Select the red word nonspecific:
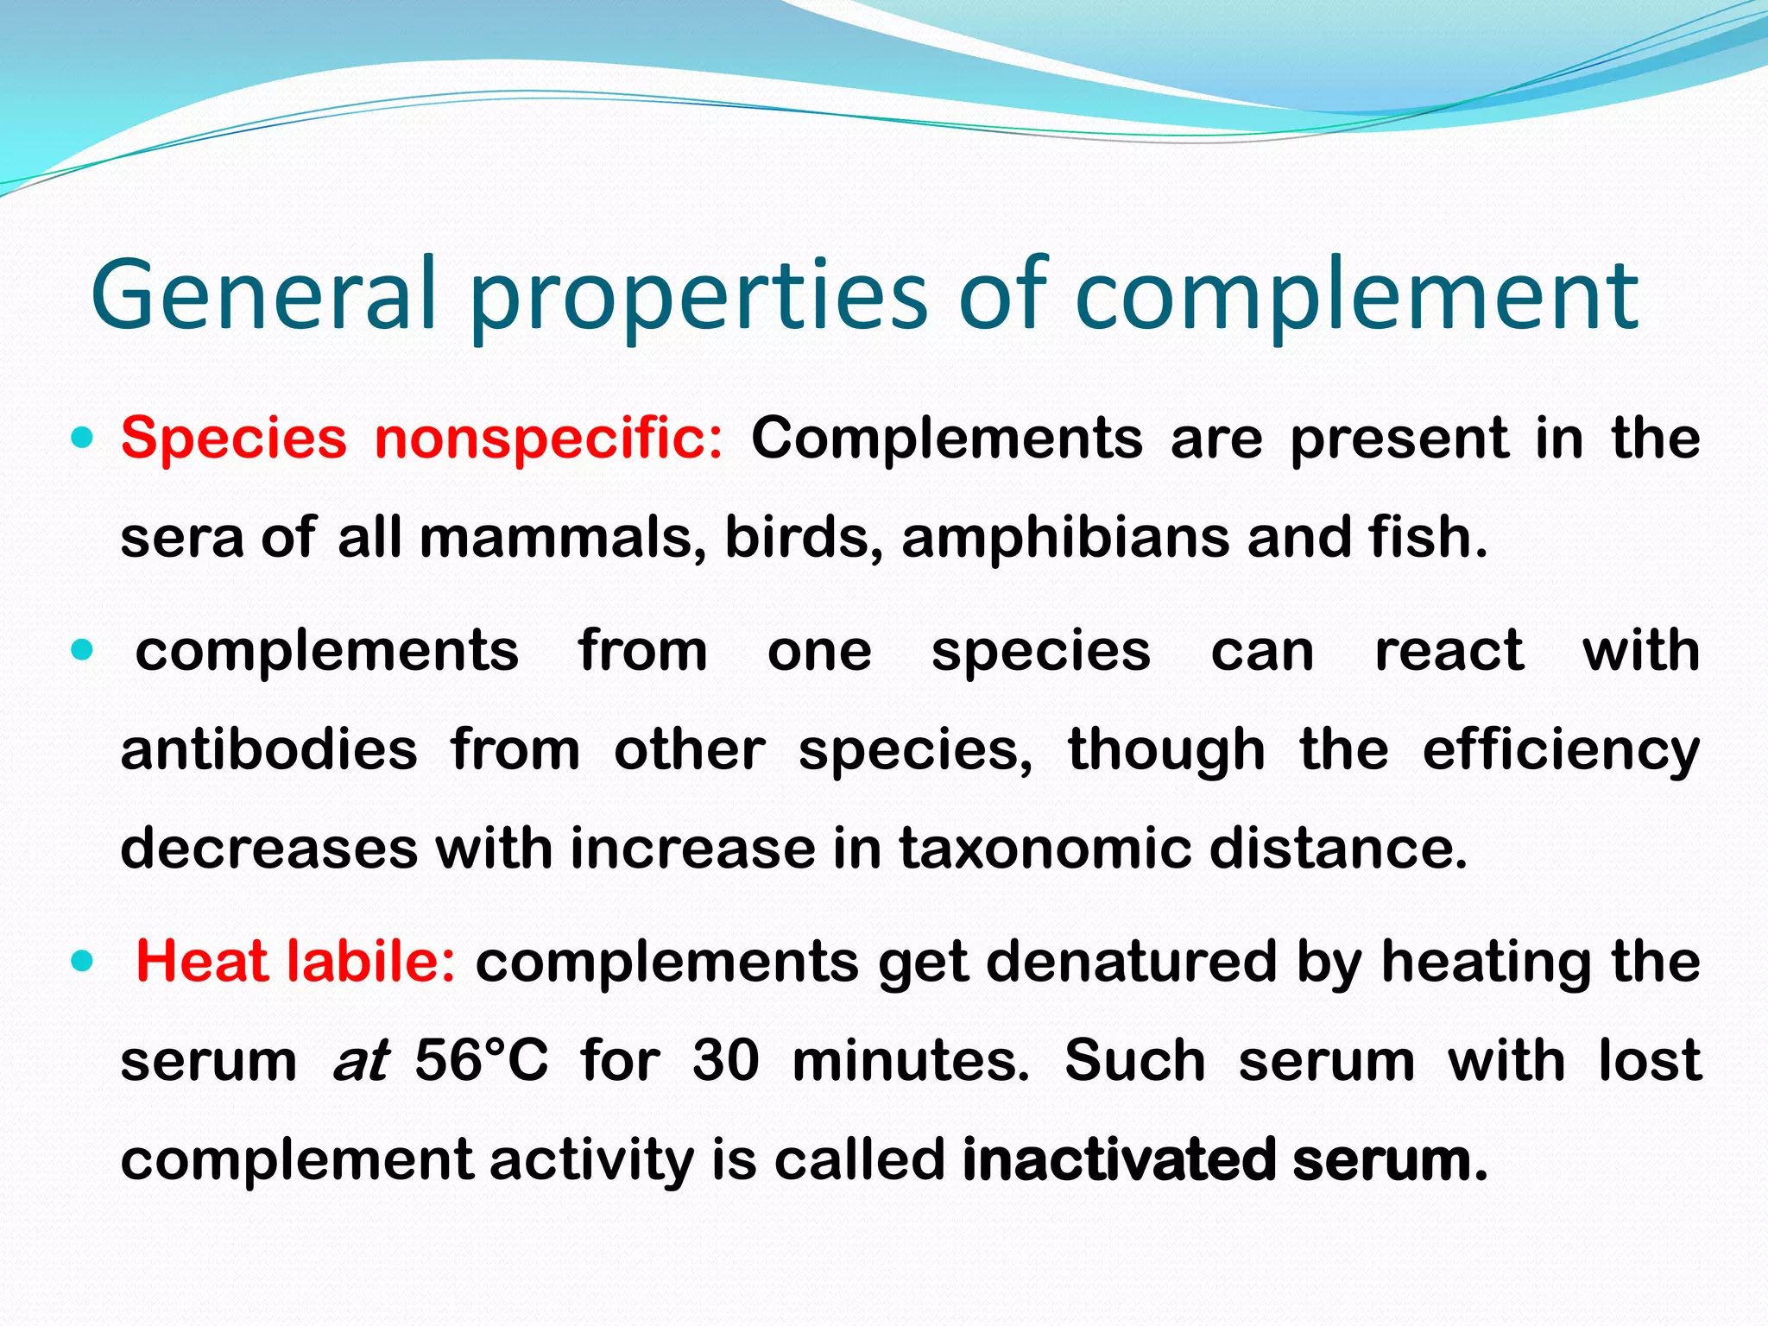click(549, 439)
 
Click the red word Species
click(233, 439)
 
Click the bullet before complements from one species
click(82, 650)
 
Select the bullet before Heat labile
click(82, 961)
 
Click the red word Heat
click(204, 961)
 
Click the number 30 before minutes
click(725, 1060)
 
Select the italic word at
click(360, 1060)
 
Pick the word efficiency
click(1561, 749)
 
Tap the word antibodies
click(268, 749)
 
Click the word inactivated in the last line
click(1119, 1159)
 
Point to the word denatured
click(1131, 961)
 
